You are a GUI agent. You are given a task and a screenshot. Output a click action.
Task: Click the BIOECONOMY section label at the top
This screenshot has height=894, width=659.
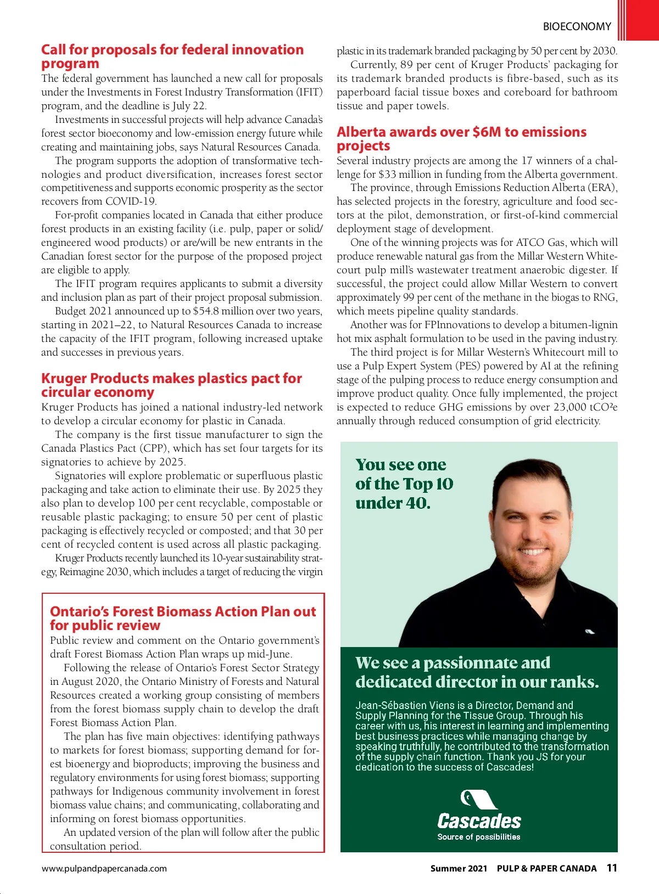pyautogui.click(x=577, y=26)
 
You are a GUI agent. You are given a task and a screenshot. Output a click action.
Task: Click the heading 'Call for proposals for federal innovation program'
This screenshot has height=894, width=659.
pyautogui.click(x=172, y=57)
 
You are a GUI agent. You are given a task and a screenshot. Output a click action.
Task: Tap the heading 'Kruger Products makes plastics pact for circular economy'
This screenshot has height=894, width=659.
pyautogui.click(x=171, y=385)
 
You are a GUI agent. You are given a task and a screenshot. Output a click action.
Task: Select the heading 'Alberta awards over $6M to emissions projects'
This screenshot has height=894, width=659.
pyautogui.click(x=461, y=139)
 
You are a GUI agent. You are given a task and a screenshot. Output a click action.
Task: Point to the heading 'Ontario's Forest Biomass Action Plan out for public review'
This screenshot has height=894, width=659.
pyautogui.click(x=183, y=619)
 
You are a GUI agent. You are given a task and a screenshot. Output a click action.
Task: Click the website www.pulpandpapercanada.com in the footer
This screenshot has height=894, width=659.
pyautogui.click(x=104, y=868)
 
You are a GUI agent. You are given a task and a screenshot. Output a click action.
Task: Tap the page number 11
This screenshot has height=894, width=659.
pyautogui.click(x=612, y=868)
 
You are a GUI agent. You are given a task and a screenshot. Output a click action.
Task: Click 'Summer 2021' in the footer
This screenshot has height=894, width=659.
pyautogui.click(x=459, y=868)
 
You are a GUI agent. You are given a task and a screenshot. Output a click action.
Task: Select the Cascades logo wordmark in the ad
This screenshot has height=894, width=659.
pyautogui.click(x=479, y=821)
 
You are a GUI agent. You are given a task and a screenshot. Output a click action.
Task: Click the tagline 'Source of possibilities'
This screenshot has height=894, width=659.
pyautogui.click(x=479, y=837)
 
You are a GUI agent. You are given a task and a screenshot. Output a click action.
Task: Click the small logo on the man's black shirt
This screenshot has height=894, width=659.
pyautogui.click(x=590, y=632)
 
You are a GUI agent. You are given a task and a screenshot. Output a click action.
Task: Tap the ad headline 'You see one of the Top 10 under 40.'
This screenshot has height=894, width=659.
pyautogui.click(x=404, y=483)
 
